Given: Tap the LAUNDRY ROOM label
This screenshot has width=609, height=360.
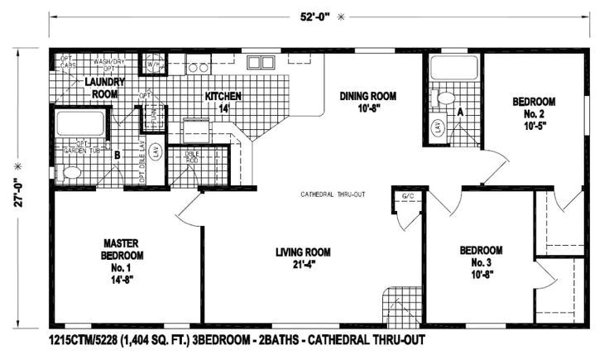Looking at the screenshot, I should [x=104, y=88].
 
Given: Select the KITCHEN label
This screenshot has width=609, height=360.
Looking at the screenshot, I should [x=223, y=102].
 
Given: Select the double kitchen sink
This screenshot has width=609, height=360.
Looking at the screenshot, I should [x=261, y=63].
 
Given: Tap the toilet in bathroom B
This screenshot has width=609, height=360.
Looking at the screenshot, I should [x=70, y=173].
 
